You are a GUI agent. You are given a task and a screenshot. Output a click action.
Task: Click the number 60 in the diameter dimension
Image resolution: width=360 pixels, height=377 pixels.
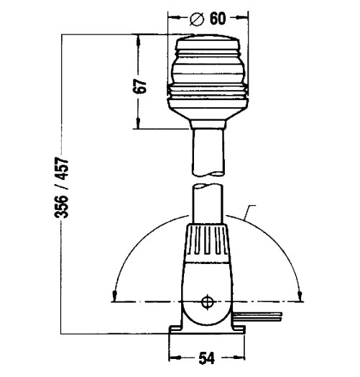pyautogui.click(x=219, y=18)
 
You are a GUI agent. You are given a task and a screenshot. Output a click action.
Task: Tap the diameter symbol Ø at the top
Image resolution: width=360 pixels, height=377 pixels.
pyautogui.click(x=199, y=18)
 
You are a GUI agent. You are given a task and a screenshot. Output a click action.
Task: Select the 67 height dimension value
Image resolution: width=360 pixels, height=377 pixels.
pyautogui.click(x=142, y=85)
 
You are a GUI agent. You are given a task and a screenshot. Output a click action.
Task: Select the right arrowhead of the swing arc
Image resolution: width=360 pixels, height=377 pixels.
pyautogui.click(x=300, y=294)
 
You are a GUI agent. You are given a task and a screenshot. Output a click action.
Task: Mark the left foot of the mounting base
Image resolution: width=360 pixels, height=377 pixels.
pyautogui.click(x=175, y=330)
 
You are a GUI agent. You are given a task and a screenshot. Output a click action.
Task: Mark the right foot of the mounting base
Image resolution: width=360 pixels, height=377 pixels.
pyautogui.click(x=239, y=330)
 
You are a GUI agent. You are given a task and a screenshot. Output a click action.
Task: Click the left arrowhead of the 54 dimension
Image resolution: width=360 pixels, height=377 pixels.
pyautogui.click(x=173, y=358)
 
